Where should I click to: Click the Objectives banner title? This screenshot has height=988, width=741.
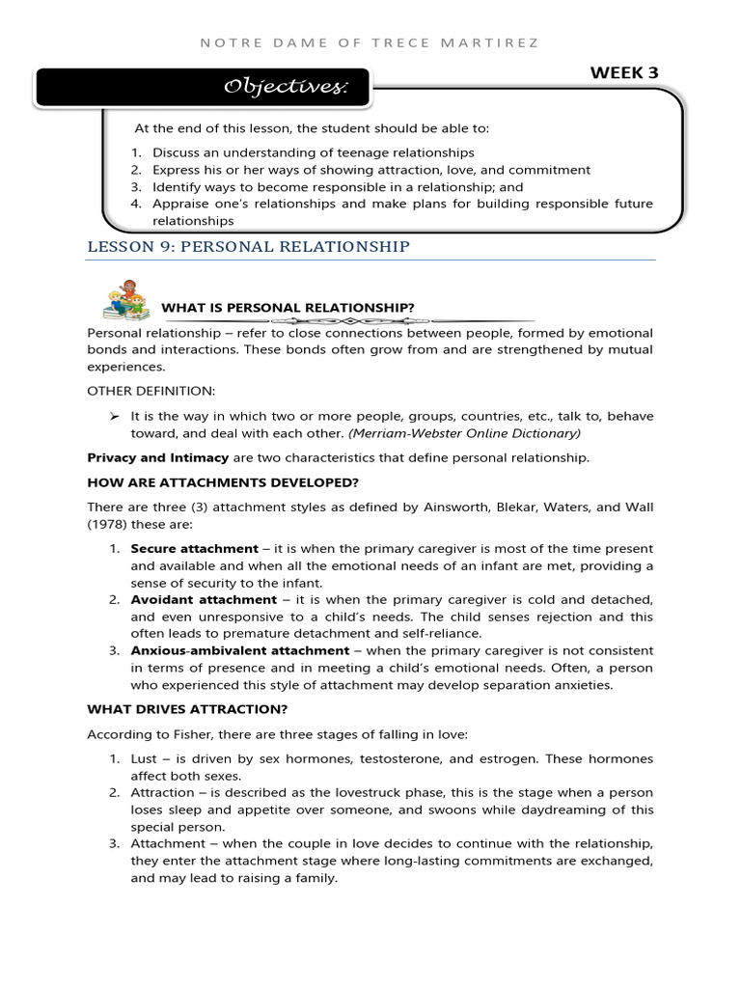pos(286,88)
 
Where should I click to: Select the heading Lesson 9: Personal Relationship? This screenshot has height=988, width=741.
pos(248,247)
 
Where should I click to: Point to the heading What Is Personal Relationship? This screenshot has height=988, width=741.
pos(288,308)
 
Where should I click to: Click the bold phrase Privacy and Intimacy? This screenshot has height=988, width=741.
pos(158,457)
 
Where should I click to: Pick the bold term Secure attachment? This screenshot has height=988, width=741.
pos(195,548)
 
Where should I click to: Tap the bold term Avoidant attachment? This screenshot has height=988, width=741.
pos(201,599)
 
